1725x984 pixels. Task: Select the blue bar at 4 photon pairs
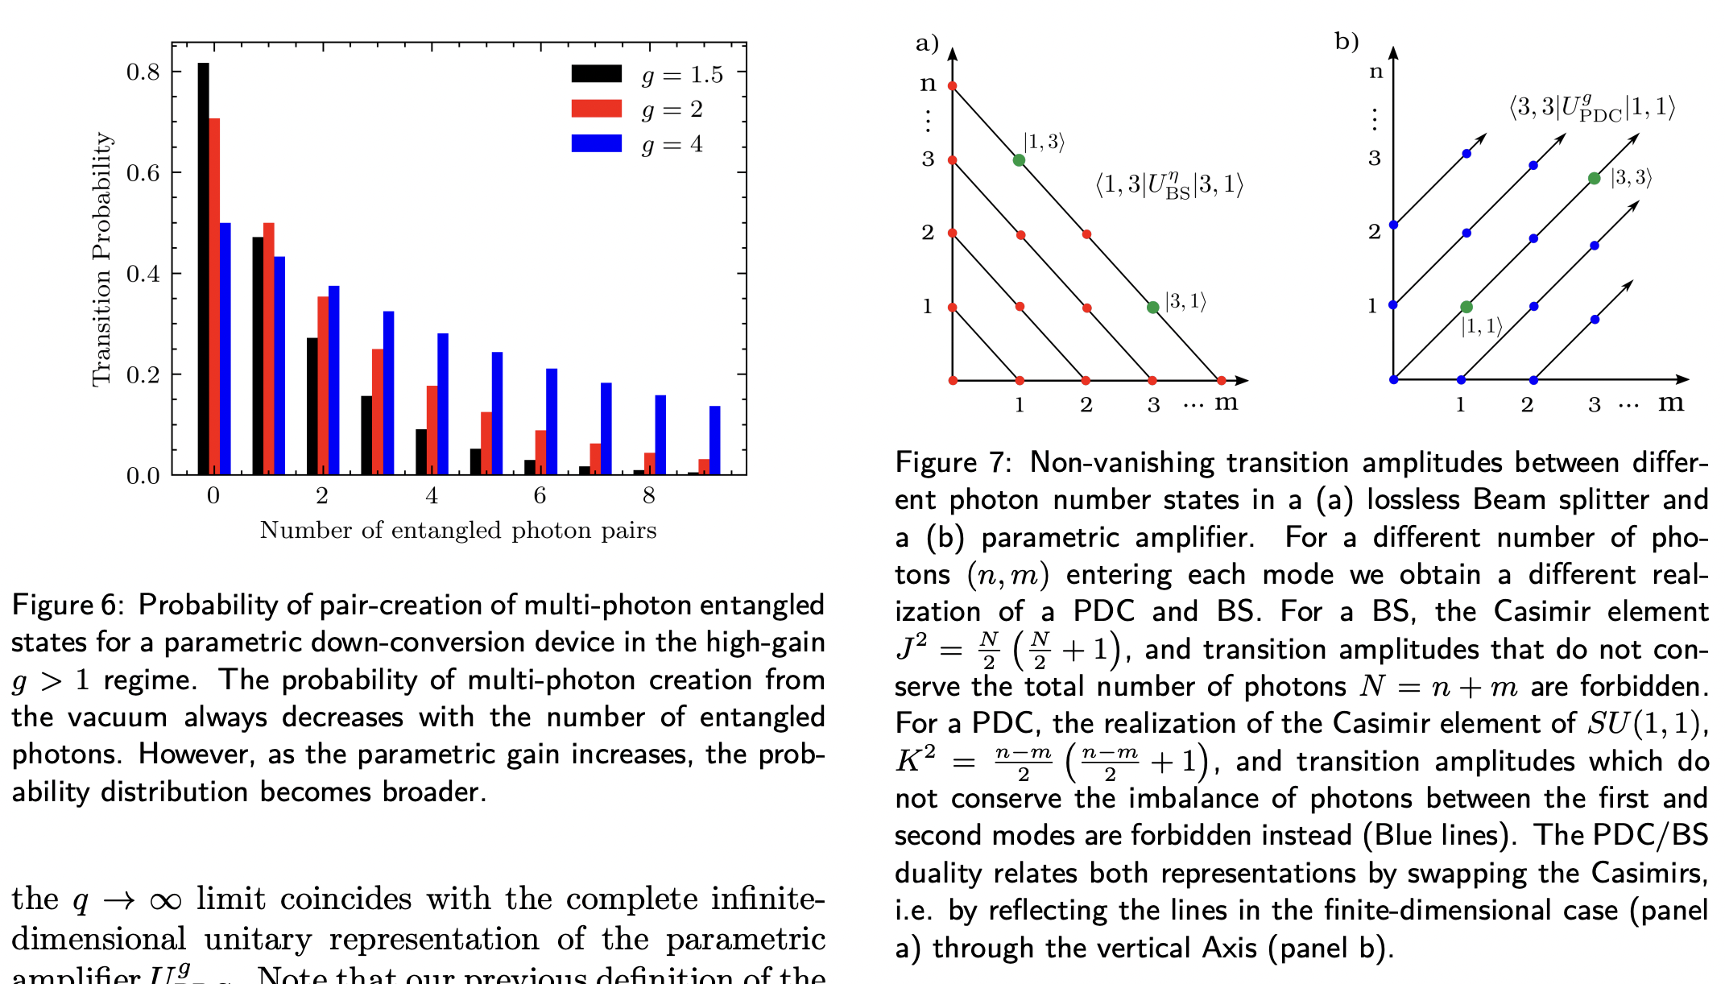[x=442, y=403]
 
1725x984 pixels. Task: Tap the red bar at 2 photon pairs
[x=323, y=385]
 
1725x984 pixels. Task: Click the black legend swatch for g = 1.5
[x=596, y=74]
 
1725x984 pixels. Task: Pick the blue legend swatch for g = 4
[x=596, y=143]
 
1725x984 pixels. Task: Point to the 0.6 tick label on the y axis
[x=143, y=173]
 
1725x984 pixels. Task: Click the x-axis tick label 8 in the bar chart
[x=649, y=496]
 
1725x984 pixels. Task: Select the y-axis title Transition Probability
[x=101, y=259]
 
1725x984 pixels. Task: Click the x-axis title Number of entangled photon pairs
[x=457, y=531]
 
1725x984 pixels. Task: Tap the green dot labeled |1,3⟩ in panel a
[x=1019, y=160]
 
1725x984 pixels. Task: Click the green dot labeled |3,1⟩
[x=1152, y=307]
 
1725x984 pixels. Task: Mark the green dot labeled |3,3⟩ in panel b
[x=1594, y=178]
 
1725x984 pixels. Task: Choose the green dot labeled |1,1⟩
[x=1466, y=307]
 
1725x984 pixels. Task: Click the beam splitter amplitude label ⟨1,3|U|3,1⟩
[x=1169, y=185]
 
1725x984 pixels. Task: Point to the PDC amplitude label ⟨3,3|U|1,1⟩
[x=1591, y=109]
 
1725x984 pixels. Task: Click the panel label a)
[x=927, y=43]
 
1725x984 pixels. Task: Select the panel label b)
[x=1346, y=41]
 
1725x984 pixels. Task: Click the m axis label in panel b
[x=1670, y=402]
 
